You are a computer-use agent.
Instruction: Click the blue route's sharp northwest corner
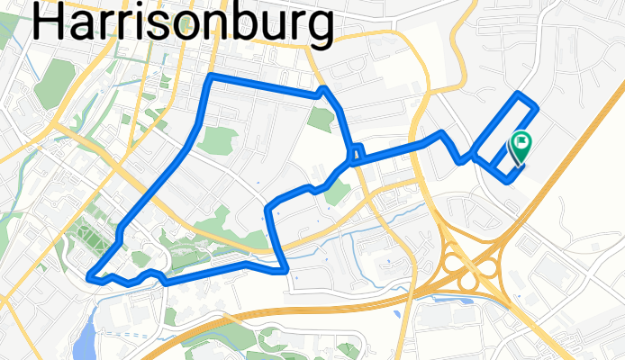pyautogui.click(x=210, y=76)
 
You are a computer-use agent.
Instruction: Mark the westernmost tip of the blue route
pyautogui.click(x=90, y=276)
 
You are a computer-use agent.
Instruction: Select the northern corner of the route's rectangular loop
pyautogui.click(x=518, y=94)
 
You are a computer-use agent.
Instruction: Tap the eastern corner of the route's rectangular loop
pyautogui.click(x=537, y=108)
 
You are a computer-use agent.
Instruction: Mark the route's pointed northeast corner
pyautogui.click(x=323, y=89)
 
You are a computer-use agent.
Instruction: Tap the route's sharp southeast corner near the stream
pyautogui.click(x=285, y=267)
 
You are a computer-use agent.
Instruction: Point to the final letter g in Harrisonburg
pyautogui.click(x=319, y=27)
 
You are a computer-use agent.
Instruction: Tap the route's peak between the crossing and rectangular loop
pyautogui.click(x=441, y=134)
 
